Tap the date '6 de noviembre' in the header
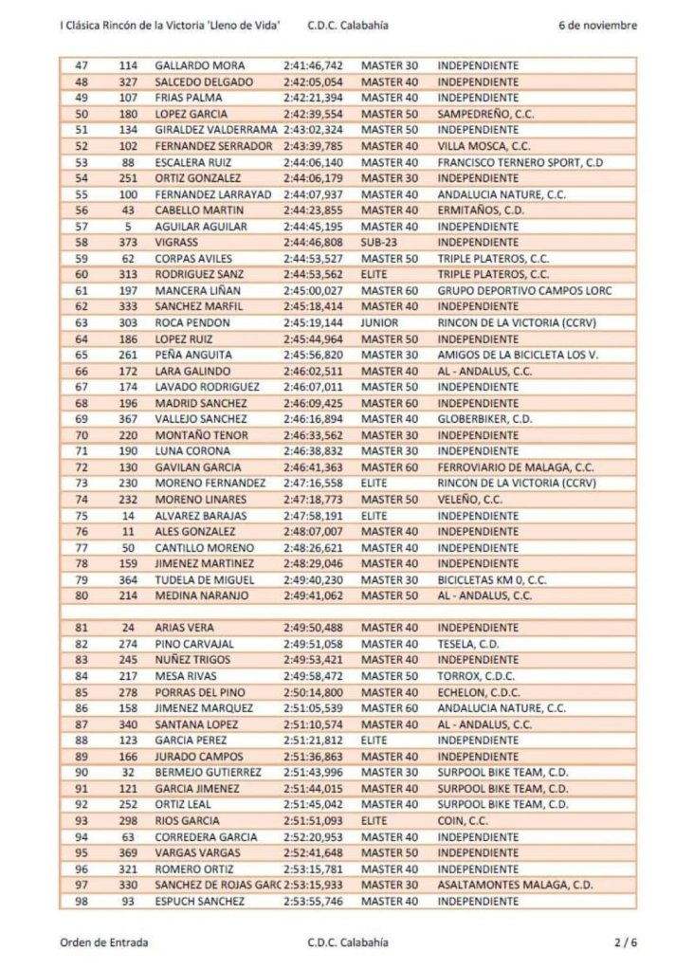tap(597, 26)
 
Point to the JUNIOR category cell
tap(379, 321)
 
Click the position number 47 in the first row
tap(80, 66)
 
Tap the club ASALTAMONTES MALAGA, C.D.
tap(502, 884)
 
